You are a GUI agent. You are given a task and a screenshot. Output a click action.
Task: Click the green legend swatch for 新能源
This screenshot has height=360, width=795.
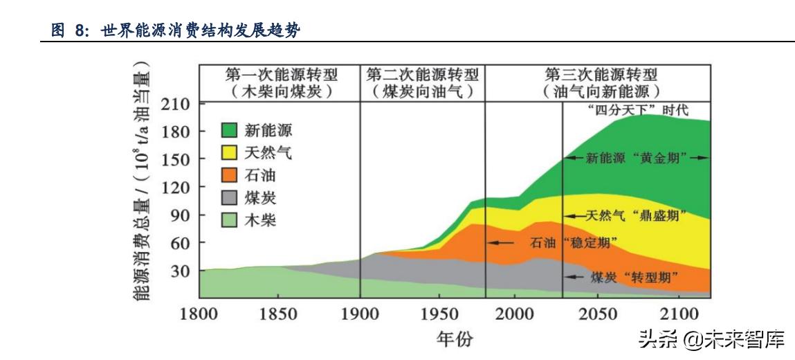pyautogui.click(x=230, y=130)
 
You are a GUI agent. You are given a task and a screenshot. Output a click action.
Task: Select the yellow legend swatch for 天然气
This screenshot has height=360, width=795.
pyautogui.click(x=230, y=152)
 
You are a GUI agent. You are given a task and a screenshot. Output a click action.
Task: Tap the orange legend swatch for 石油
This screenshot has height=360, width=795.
pyautogui.click(x=230, y=175)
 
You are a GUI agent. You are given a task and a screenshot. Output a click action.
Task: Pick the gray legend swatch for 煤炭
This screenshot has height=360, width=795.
pyautogui.click(x=230, y=198)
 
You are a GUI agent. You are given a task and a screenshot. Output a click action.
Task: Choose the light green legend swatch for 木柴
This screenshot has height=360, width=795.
pyautogui.click(x=230, y=221)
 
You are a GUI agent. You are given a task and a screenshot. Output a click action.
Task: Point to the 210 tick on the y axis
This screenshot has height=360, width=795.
pyautogui.click(x=175, y=104)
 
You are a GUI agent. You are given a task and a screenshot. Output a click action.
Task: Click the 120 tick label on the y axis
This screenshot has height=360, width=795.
pyautogui.click(x=175, y=187)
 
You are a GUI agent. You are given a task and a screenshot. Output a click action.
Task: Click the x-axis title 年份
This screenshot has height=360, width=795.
pyautogui.click(x=455, y=339)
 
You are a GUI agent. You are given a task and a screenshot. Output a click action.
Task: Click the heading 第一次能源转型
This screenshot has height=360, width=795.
pyautogui.click(x=280, y=74)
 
